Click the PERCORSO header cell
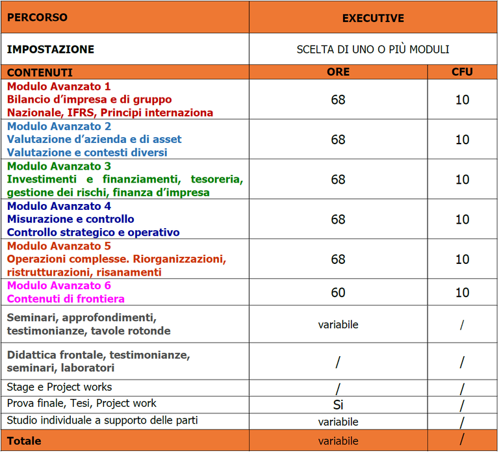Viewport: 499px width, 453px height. pos(37,18)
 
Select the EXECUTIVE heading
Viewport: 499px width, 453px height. pos(373,18)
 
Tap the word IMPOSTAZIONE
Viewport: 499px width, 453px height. pos(51,49)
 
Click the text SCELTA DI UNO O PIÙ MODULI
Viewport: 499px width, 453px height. pos(373,49)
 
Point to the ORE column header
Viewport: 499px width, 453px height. pos(338,72)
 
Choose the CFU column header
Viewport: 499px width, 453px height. pos(462,72)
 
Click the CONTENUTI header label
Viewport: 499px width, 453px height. pos(40,73)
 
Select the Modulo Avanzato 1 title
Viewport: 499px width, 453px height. pos(59,86)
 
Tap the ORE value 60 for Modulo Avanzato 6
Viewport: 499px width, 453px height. pos(338,292)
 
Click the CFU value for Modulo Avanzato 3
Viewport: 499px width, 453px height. pos(462,179)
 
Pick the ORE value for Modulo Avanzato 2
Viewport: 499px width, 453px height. pos(338,140)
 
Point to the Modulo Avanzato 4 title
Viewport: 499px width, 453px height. pos(59,206)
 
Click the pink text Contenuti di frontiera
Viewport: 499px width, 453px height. pos(66,299)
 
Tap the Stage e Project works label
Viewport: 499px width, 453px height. pos(60,387)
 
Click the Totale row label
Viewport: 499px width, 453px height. pos(24,441)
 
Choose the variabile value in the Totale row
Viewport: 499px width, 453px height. pos(338,441)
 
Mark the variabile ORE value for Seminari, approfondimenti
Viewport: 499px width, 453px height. pos(338,324)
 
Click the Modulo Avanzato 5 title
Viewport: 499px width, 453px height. pos(59,246)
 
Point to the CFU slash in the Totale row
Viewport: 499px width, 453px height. pos(462,440)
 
